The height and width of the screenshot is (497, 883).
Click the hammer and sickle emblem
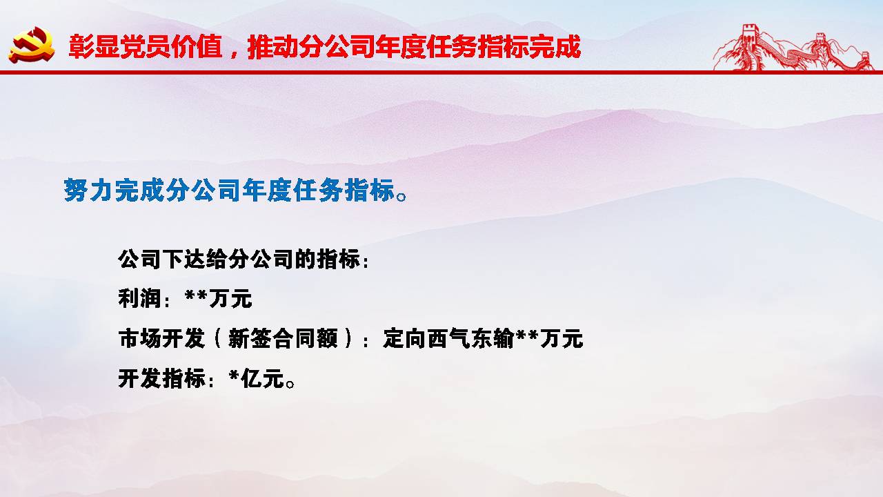coord(32,45)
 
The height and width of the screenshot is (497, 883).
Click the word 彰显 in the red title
coord(94,47)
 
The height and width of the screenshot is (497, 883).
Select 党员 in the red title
coord(145,47)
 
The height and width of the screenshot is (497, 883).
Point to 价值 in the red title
coord(197,47)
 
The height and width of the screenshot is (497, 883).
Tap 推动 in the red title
coord(272,47)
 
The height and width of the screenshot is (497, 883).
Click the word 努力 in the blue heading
coord(89,190)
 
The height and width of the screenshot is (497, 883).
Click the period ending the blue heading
coord(401,196)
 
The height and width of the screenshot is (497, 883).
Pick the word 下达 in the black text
coord(184,259)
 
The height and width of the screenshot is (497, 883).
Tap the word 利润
coord(140,299)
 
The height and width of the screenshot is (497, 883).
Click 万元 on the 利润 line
coord(230,299)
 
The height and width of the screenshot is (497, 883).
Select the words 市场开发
coord(161,339)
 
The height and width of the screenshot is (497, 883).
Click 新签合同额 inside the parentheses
coord(283,339)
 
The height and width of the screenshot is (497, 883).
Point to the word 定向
coord(404,339)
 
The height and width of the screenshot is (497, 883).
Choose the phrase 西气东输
coord(470,339)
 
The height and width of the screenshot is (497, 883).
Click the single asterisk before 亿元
coord(234,375)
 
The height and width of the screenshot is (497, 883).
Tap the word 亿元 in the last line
coord(262,379)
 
